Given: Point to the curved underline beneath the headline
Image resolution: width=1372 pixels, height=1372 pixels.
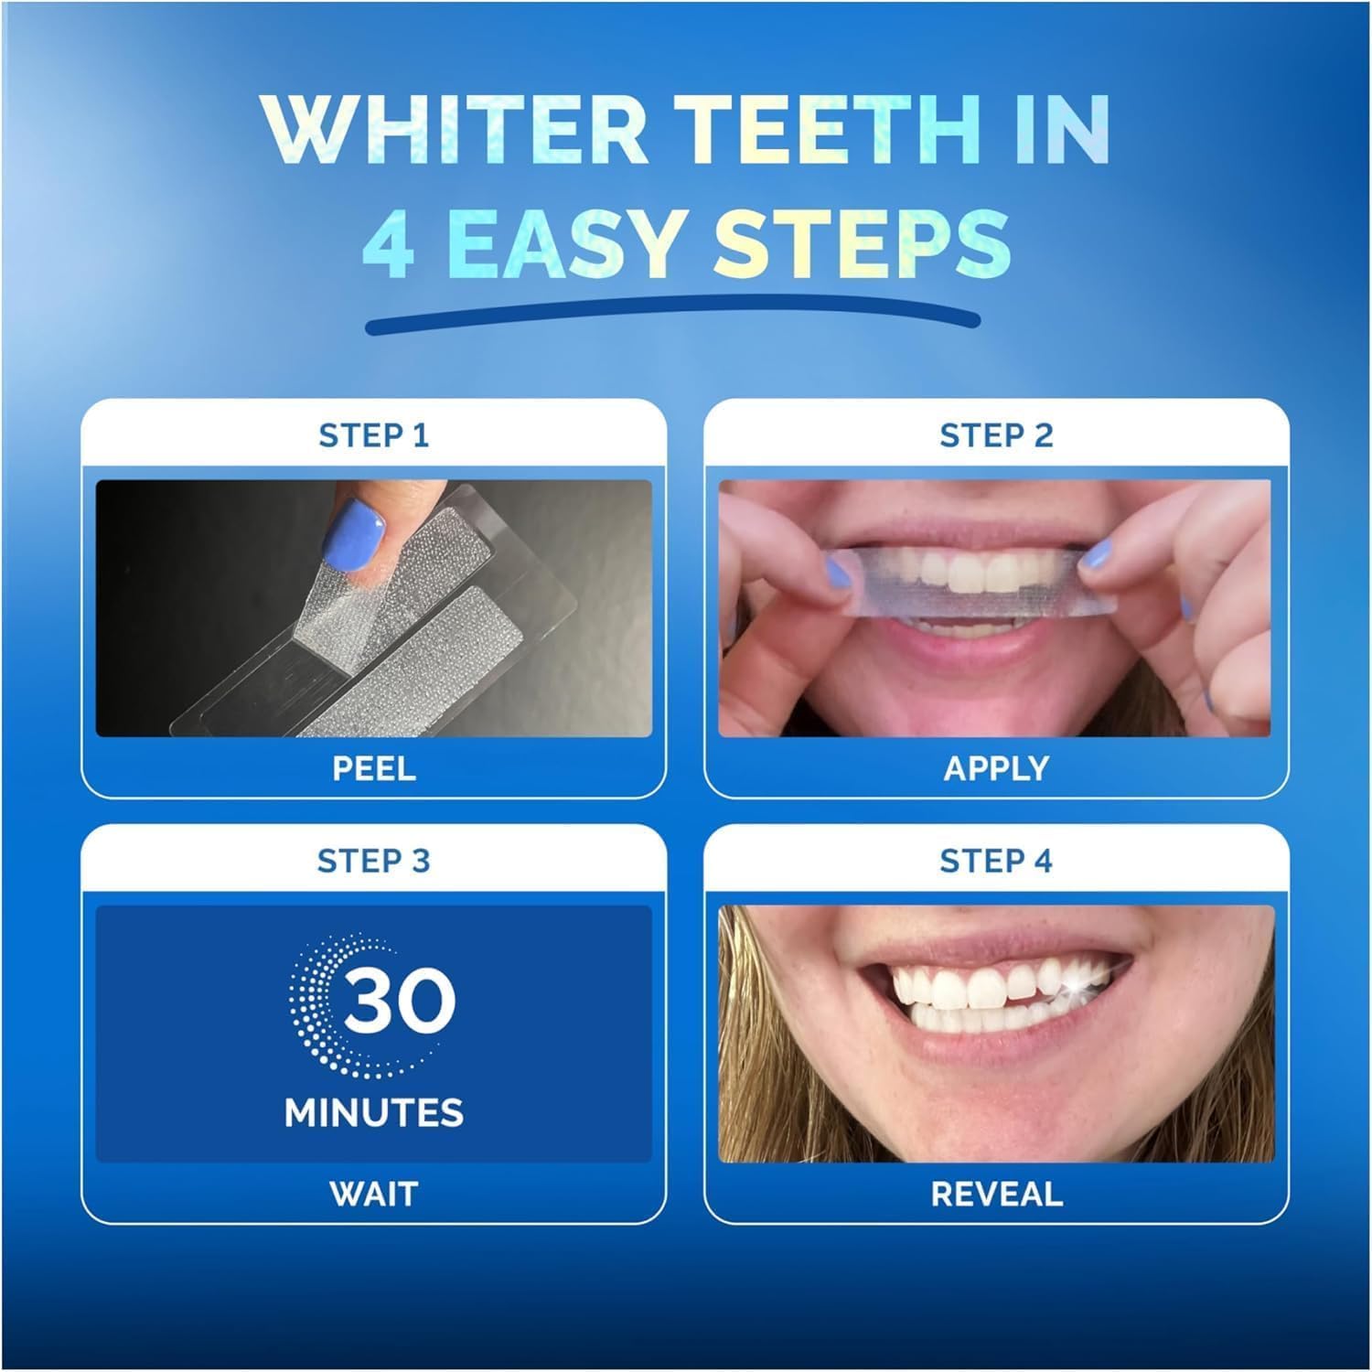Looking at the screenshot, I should click(672, 322).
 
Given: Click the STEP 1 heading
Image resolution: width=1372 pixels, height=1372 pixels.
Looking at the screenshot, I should click(373, 435).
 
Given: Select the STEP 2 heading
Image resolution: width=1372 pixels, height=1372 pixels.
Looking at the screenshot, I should click(996, 435).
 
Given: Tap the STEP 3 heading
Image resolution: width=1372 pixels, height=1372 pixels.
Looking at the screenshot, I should click(373, 861).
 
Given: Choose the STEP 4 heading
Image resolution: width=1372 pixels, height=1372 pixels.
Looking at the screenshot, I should click(996, 861).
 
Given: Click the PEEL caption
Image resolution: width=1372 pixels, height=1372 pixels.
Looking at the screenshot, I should click(373, 767).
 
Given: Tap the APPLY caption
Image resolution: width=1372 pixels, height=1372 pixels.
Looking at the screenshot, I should click(996, 767).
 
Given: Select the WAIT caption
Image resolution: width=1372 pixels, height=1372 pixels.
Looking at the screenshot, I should click(373, 1194).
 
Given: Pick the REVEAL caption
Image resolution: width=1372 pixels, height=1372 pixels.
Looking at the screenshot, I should click(996, 1194).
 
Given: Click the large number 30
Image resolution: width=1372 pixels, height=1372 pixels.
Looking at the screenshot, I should click(400, 1000).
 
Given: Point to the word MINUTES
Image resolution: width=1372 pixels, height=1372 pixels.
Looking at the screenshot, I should click(374, 1112).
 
